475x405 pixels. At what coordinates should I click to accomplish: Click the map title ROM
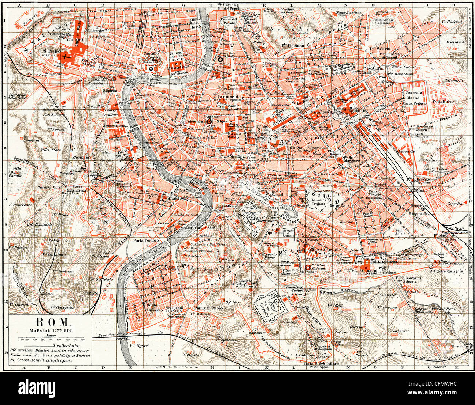[52, 322]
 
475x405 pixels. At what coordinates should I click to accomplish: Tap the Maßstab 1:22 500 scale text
[52, 330]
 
